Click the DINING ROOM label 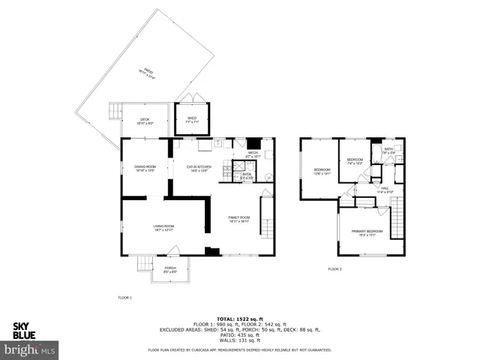(x=145, y=167)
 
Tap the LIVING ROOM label (x=163, y=228)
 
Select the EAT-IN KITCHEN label (x=199, y=167)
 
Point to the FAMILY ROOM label (x=239, y=219)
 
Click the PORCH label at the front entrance (x=170, y=268)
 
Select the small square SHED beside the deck (x=191, y=119)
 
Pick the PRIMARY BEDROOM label (x=367, y=232)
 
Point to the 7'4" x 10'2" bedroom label (x=355, y=161)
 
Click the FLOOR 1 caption (x=124, y=298)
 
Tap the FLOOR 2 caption (x=334, y=268)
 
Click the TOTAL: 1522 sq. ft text (x=239, y=318)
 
